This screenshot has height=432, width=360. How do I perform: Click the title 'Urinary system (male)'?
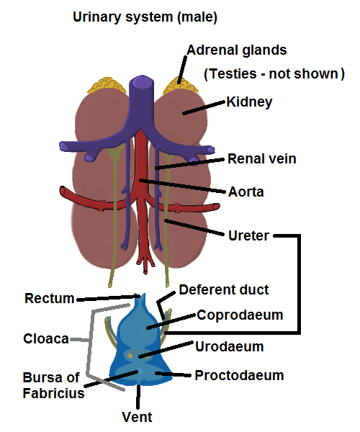coord(145,17)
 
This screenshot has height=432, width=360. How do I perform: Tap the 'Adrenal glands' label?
coord(237,50)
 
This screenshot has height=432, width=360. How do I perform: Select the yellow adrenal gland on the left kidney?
coord(107,86)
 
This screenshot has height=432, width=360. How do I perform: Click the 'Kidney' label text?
coord(249,102)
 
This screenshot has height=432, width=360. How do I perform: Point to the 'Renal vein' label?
coord(261,159)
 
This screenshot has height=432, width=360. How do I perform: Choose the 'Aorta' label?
coord(246,192)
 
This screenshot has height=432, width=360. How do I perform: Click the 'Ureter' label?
coord(248,236)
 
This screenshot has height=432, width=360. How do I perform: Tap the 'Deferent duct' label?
coord(224,290)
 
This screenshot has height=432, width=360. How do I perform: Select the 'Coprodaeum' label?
coord(240,315)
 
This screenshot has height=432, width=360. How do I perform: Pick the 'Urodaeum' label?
coord(230,346)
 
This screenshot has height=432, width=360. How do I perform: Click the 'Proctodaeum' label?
coord(239,376)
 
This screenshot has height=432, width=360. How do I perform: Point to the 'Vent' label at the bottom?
coord(137,417)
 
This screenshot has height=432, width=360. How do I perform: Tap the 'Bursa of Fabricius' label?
coord(53,385)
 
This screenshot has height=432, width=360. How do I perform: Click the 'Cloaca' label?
coord(46,338)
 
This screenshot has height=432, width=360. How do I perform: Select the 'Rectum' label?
coord(50,298)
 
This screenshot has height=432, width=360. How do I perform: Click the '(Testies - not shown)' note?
coord(274,74)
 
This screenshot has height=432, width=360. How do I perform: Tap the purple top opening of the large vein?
coord(141,81)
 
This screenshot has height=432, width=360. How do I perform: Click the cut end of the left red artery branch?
coord(62,191)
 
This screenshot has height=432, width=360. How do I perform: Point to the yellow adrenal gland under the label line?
coord(180,86)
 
